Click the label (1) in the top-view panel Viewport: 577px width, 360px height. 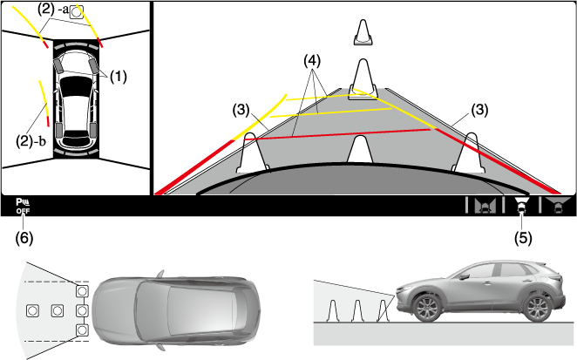[118, 76]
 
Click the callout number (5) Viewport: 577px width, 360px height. [520, 236]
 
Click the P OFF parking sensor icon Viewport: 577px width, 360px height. [22, 206]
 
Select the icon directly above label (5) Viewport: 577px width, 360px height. [520, 206]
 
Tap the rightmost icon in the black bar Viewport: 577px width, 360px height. [555, 206]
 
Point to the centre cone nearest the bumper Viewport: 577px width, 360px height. [358, 149]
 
